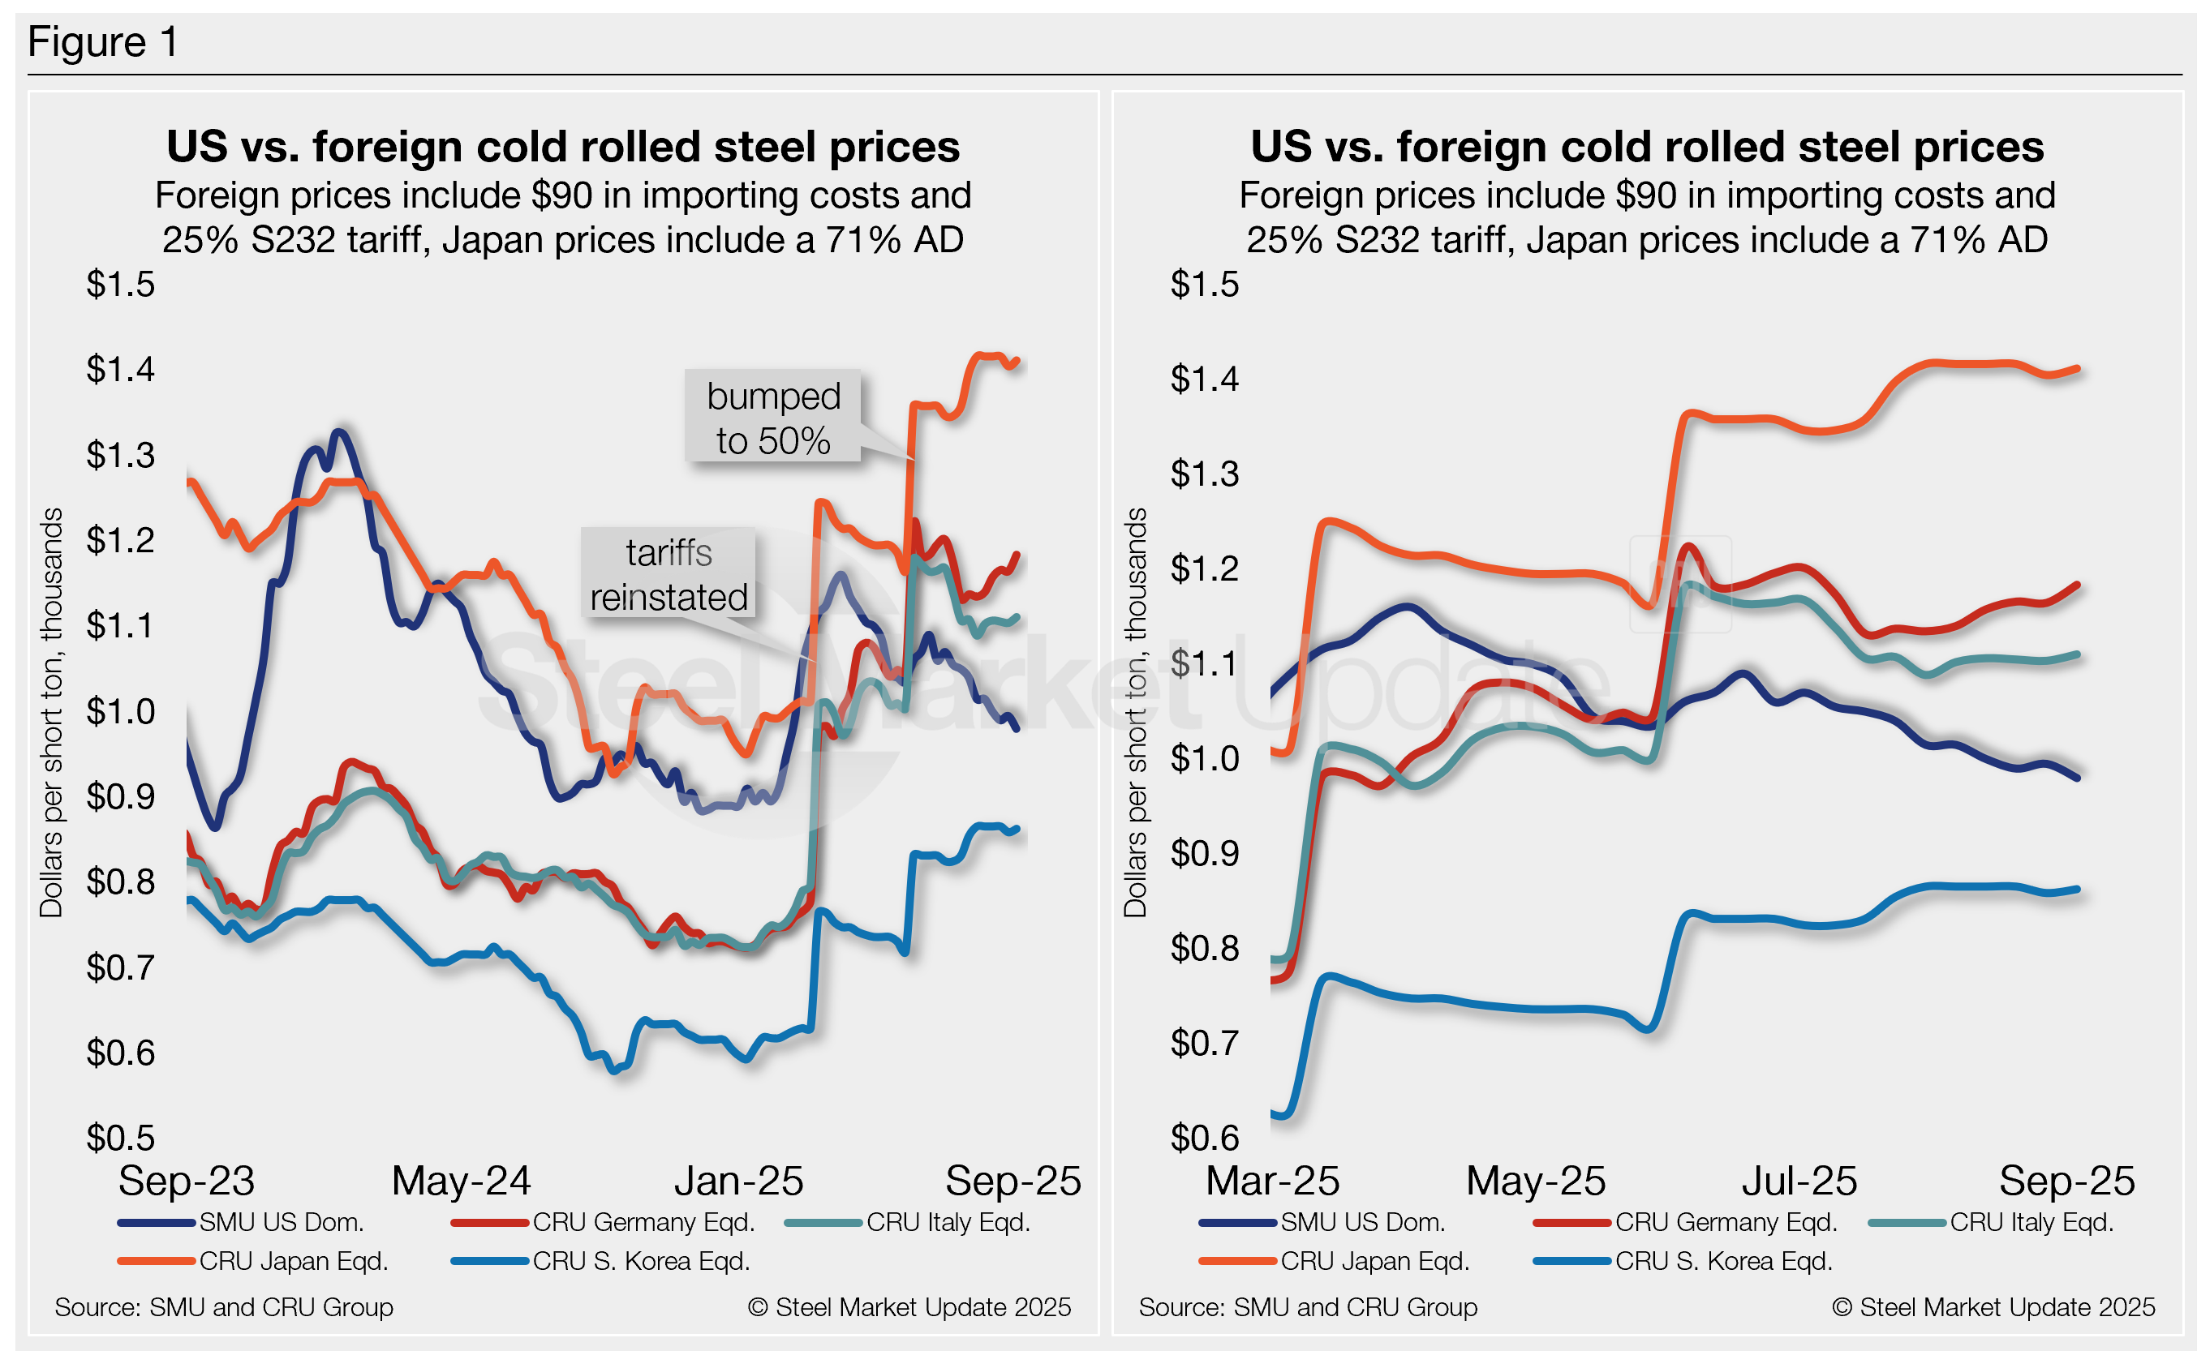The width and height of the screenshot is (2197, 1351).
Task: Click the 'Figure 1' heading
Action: (103, 42)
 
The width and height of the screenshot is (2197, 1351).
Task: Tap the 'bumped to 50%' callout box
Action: (772, 418)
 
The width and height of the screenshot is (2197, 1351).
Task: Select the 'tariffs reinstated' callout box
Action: (668, 574)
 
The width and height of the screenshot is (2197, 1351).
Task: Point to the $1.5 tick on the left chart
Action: (121, 284)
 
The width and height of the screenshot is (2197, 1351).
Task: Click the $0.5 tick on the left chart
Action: (121, 1138)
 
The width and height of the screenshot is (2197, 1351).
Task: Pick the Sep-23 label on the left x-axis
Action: (187, 1181)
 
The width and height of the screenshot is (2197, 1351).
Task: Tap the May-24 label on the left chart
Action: (461, 1181)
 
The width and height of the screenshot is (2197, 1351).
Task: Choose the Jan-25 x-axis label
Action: (738, 1181)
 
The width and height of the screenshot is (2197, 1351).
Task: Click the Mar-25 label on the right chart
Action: (1272, 1181)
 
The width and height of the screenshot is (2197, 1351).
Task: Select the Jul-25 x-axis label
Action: (1799, 1181)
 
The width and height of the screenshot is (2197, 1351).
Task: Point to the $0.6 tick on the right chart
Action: (1205, 1138)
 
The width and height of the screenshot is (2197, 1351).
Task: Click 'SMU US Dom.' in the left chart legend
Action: (281, 1221)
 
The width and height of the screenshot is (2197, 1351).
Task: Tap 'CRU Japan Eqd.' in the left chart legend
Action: (293, 1261)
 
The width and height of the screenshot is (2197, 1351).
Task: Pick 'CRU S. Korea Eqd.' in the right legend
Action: (1723, 1261)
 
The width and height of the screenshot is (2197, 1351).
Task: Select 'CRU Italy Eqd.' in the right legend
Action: (2031, 1221)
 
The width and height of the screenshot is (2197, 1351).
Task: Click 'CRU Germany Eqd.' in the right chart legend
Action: (1725, 1221)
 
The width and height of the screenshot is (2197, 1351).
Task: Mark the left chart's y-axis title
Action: (51, 712)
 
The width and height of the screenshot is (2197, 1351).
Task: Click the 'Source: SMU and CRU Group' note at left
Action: (223, 1307)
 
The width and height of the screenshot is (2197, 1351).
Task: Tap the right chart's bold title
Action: (1646, 147)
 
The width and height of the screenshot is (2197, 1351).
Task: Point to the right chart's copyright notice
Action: (1993, 1307)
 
